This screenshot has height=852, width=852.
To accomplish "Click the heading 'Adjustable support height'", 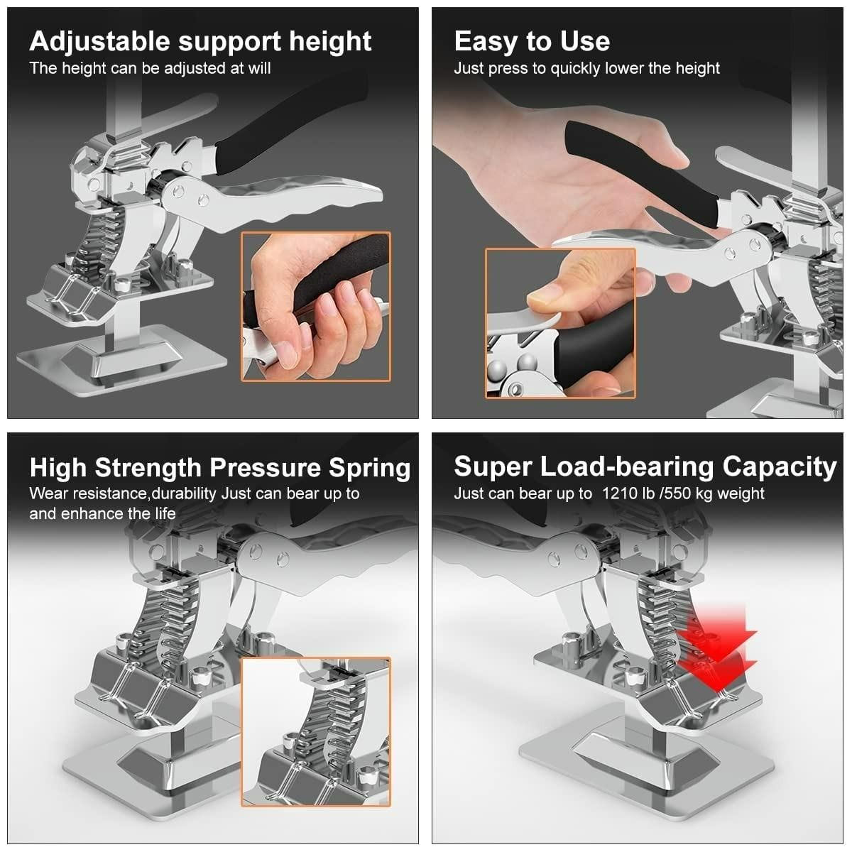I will (x=200, y=41).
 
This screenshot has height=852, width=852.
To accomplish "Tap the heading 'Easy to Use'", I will (x=532, y=41).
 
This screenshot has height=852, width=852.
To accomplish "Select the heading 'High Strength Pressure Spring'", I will (x=220, y=468).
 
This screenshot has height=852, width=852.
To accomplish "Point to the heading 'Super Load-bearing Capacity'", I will (x=645, y=466).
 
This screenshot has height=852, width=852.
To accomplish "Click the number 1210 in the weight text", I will (x=621, y=493).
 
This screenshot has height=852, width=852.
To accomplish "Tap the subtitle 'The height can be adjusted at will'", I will (x=150, y=68).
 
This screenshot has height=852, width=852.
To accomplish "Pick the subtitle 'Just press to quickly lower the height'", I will (x=586, y=68).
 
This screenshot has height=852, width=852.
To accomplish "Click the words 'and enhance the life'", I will (x=102, y=513).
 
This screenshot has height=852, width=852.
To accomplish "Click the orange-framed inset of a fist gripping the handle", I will (x=316, y=307).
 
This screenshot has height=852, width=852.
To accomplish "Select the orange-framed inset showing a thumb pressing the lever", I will (x=560, y=323).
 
